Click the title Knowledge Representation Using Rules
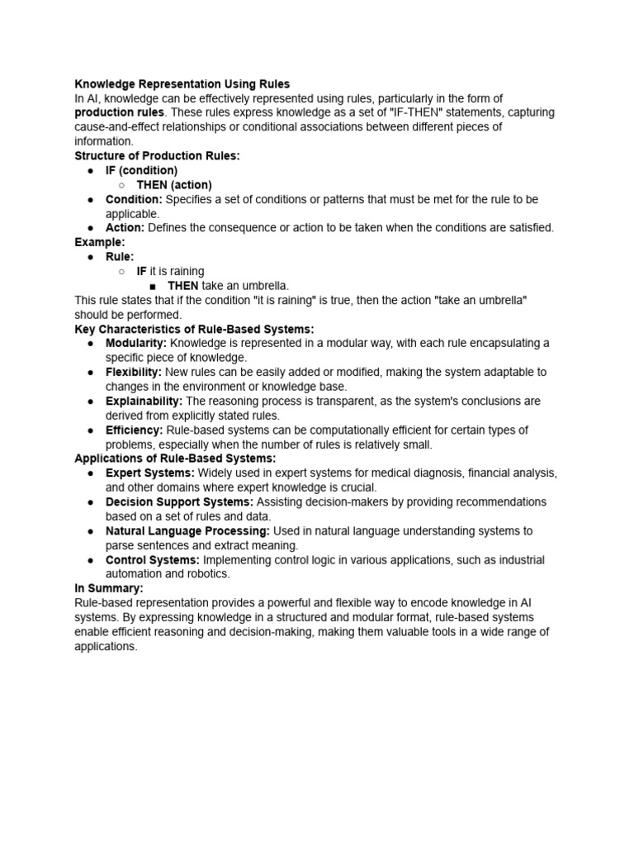(x=182, y=84)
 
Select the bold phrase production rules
(x=119, y=112)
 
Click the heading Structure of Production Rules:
(x=157, y=156)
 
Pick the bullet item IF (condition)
(x=141, y=170)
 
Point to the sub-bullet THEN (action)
(x=174, y=185)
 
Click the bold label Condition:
(x=134, y=200)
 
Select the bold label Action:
(x=125, y=228)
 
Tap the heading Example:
(x=100, y=242)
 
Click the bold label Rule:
(x=120, y=257)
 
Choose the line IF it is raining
(x=170, y=271)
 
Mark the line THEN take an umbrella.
(x=229, y=286)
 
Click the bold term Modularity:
(x=136, y=343)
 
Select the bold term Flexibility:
(x=134, y=373)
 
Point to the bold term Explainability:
(x=144, y=402)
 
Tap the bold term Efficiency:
(x=134, y=430)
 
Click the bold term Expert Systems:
(x=150, y=473)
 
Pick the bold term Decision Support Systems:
(x=179, y=502)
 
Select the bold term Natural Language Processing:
(x=187, y=531)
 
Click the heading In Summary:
(x=109, y=588)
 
